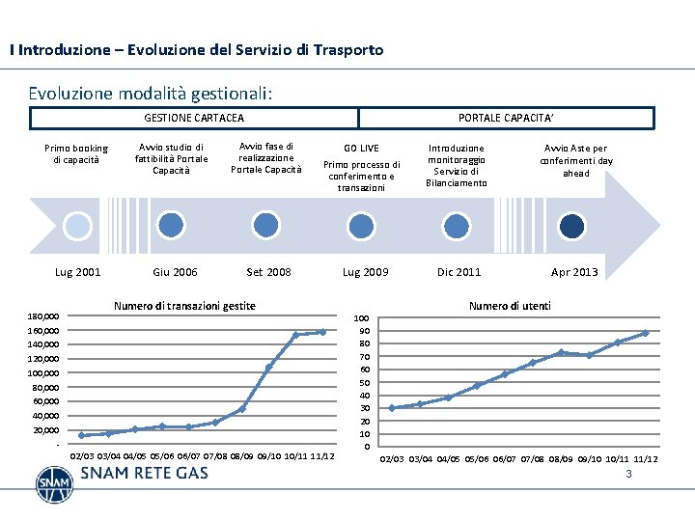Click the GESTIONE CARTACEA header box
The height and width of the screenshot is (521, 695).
coord(194,118)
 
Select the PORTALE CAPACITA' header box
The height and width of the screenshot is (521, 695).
coord(505,118)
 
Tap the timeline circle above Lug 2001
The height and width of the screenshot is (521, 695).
coord(77,226)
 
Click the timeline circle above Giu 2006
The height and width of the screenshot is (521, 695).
coord(171,226)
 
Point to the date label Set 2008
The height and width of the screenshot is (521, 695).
coord(268,272)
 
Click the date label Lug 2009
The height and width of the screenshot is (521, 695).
coord(365,272)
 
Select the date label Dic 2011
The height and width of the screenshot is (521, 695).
coord(459,272)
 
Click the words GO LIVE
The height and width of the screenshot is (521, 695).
coord(362,148)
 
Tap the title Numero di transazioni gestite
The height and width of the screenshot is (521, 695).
coord(184,306)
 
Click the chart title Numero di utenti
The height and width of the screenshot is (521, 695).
coord(510,306)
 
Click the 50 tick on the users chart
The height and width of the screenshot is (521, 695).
coord(363,383)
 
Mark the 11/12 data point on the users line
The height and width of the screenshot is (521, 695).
coord(645,333)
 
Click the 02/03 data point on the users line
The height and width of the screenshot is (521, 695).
coord(392,407)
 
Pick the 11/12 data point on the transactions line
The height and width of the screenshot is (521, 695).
coord(322,332)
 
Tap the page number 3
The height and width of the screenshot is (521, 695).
coord(628,475)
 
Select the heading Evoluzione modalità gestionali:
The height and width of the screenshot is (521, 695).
coord(151,94)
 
